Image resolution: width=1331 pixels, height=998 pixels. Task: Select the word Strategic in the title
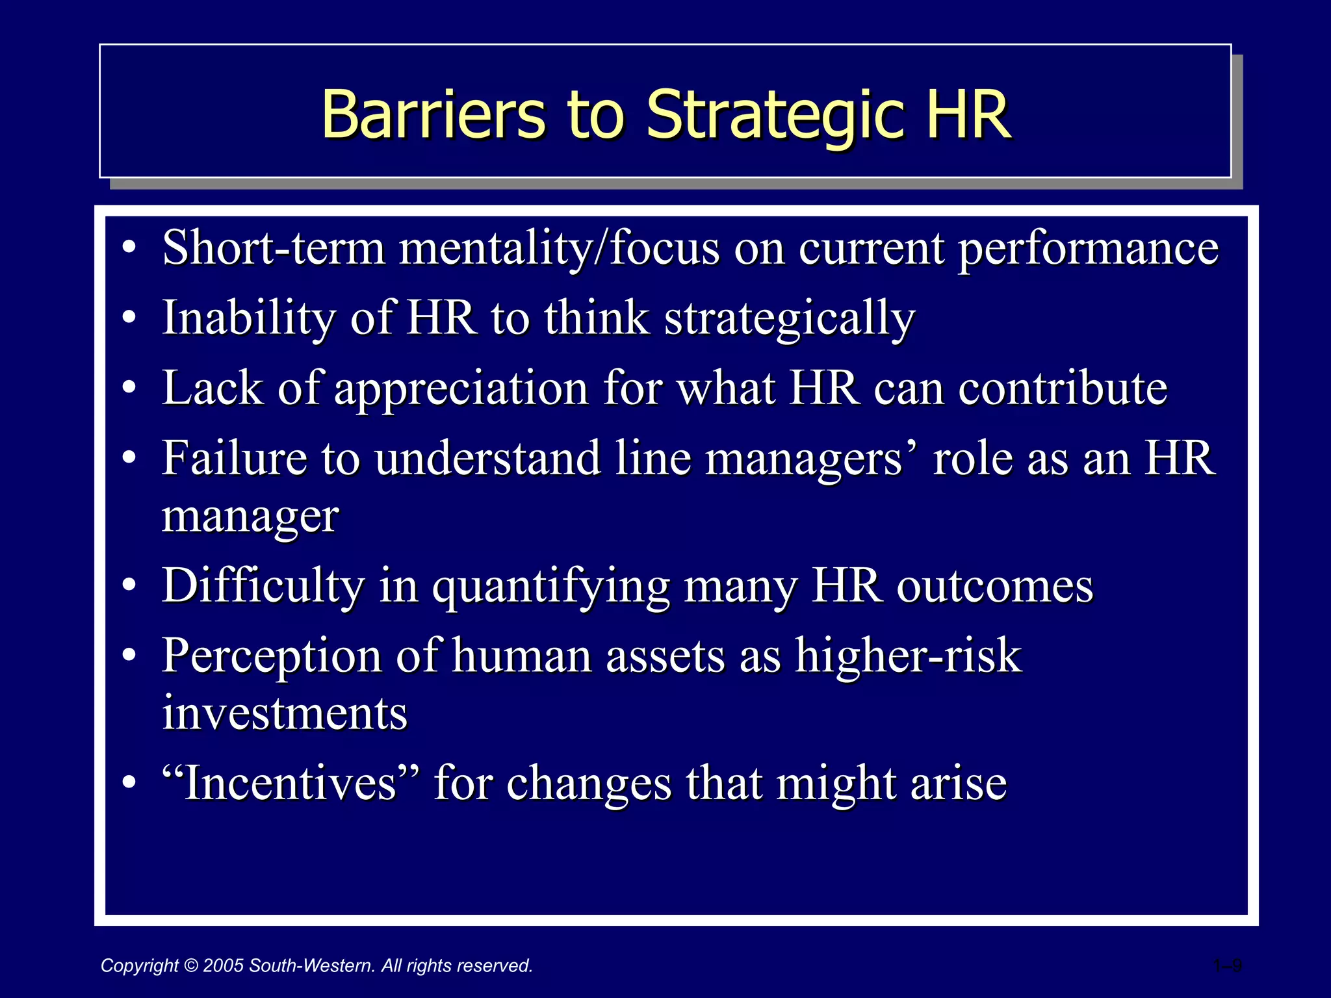click(x=774, y=116)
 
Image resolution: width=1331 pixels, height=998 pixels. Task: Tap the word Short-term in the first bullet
click(x=274, y=248)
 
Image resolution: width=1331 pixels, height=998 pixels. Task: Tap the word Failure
click(x=234, y=458)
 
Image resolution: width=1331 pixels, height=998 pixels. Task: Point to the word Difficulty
click(x=263, y=587)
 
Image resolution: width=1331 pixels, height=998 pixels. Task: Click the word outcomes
click(x=995, y=587)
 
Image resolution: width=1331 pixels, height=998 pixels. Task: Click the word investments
click(x=285, y=713)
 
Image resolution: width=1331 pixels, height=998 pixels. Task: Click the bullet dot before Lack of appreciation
click(x=129, y=389)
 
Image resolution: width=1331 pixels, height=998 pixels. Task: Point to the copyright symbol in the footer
click(x=191, y=966)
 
